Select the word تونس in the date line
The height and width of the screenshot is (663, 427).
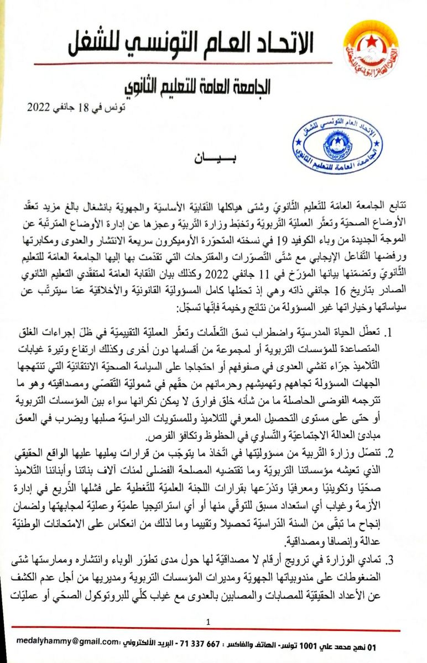(x=114, y=107)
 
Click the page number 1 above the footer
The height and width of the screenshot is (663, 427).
(x=209, y=623)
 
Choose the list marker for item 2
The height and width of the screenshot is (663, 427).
(x=389, y=454)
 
